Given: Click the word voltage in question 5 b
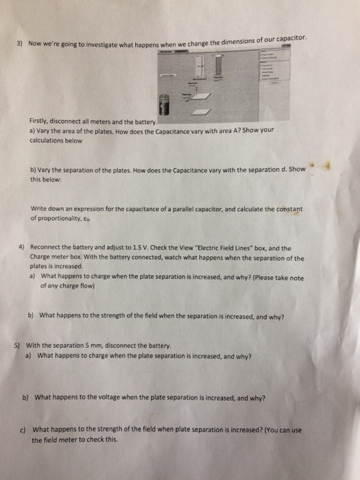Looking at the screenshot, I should coord(117,397).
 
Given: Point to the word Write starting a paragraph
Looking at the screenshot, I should coord(40,209).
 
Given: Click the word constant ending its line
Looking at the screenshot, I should coord(288,207).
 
